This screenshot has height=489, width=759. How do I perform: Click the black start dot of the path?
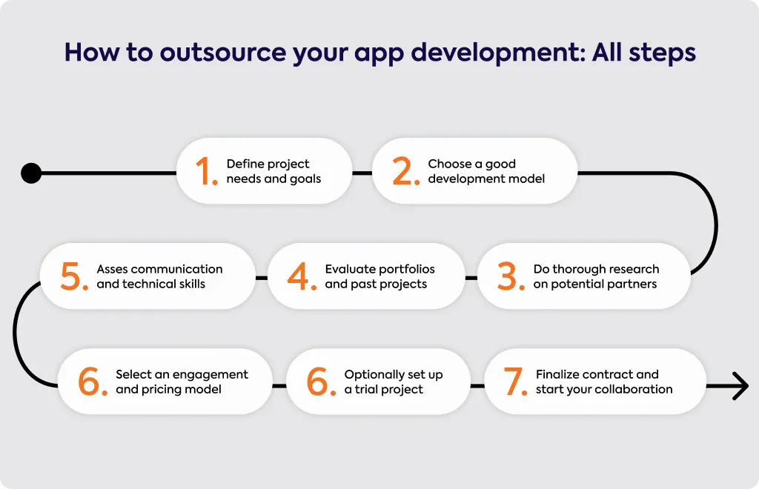click(x=31, y=173)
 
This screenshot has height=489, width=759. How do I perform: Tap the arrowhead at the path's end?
click(x=741, y=386)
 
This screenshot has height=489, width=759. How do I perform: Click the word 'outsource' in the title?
click(x=223, y=53)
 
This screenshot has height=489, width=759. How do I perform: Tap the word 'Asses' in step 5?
click(x=112, y=269)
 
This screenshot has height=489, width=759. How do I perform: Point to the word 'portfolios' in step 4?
click(x=407, y=270)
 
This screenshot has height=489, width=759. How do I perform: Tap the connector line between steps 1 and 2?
click(x=362, y=173)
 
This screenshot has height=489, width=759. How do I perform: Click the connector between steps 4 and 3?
click(x=471, y=278)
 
